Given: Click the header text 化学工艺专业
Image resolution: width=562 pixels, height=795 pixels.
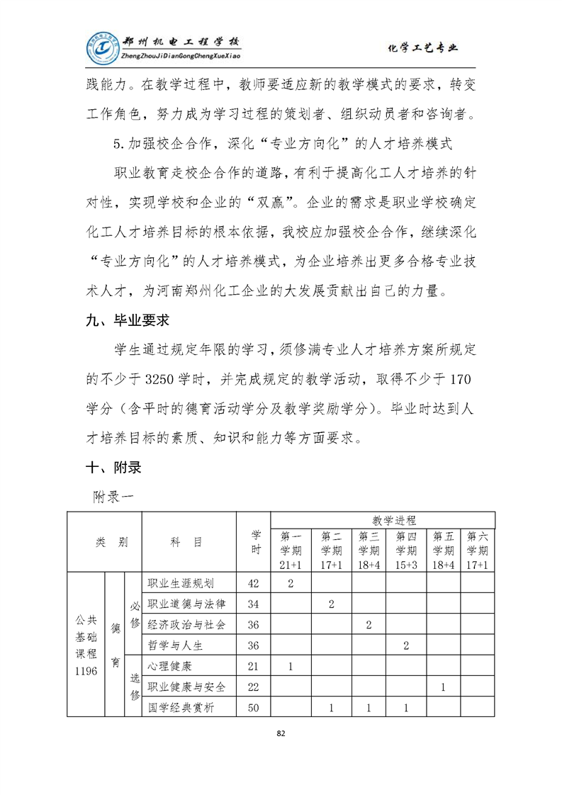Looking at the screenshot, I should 424,48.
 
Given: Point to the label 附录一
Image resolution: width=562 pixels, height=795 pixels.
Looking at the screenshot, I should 113,497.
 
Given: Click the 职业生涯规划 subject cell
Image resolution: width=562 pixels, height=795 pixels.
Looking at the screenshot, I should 181,583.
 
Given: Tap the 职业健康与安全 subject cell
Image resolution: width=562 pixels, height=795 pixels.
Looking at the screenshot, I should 186,687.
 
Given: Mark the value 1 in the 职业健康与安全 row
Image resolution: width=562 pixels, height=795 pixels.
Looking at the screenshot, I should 443,687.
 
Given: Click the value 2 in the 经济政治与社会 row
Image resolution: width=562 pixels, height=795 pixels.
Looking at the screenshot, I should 369,625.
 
